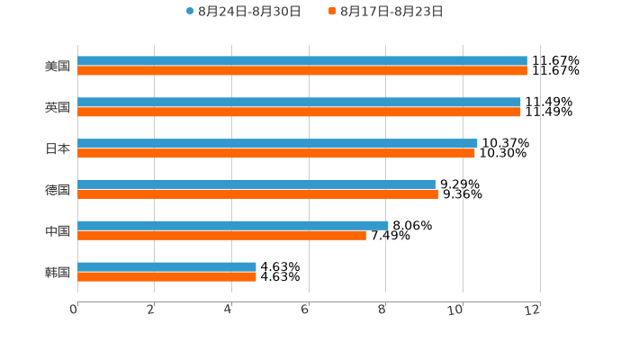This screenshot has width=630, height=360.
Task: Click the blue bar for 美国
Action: coord(302,61)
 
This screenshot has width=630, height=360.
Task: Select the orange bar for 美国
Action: coord(302,71)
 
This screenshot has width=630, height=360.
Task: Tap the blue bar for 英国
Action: coord(299,103)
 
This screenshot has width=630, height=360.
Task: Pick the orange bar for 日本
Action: coord(276,154)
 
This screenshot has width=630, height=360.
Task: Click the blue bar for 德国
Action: coord(256,184)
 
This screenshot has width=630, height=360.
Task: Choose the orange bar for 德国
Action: coord(257,194)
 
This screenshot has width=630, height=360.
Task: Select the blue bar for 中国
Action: coord(233,225)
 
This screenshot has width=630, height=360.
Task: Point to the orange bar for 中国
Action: coord(221,236)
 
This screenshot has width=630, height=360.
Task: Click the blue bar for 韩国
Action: coord(166,266)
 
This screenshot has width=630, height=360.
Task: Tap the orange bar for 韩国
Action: coord(166,277)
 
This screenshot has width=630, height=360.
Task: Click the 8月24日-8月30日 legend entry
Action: coord(243,12)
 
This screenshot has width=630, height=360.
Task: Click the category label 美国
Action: coord(58,67)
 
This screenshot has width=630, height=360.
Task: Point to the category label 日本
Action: coord(58,149)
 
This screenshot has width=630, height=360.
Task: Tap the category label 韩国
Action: coord(58,273)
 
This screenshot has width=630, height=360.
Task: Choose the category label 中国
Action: coord(58,231)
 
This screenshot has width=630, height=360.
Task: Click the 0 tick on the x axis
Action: coord(75,310)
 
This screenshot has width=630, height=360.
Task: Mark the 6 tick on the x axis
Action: coord(306,310)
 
